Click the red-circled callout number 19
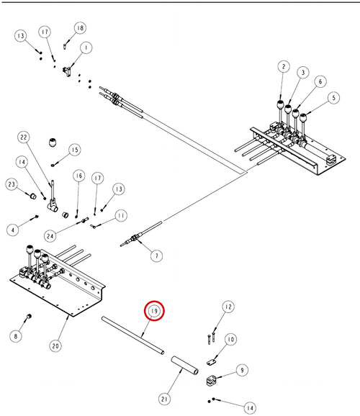[x=154, y=311]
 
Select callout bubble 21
[x=165, y=399]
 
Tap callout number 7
[x=157, y=256]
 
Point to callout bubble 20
[x=55, y=346]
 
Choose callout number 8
[x=16, y=336]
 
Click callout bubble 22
[x=24, y=137]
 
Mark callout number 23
[x=12, y=184]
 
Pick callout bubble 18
[x=80, y=28]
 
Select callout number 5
[x=333, y=98]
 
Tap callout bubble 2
[x=284, y=66]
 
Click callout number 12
[x=228, y=307]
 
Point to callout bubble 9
[x=242, y=370]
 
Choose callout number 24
[x=50, y=236]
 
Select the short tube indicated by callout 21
[x=184, y=366]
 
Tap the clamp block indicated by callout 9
[x=212, y=381]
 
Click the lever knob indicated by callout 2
[x=281, y=105]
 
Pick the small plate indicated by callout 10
[x=211, y=362]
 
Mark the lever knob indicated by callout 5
[x=303, y=117]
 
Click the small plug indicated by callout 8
[x=30, y=317]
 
